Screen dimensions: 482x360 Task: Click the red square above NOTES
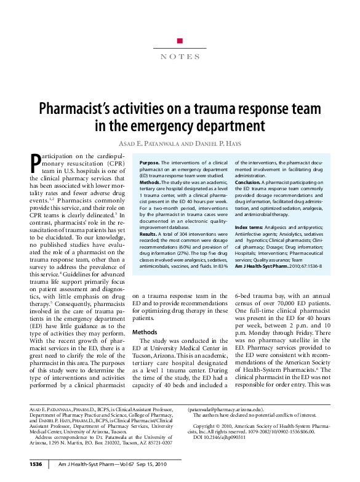tap(179, 41)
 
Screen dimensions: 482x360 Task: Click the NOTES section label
tap(180, 57)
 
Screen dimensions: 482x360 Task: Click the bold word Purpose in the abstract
tap(142, 161)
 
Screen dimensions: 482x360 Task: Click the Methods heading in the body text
tap(145, 331)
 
